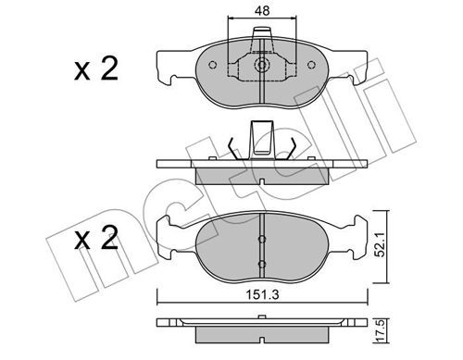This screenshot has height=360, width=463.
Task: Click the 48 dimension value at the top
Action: tap(262, 11)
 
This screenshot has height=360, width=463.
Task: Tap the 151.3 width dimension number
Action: tap(262, 294)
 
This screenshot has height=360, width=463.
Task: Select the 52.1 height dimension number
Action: tap(381, 245)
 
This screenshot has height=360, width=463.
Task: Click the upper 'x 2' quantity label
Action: tap(96, 69)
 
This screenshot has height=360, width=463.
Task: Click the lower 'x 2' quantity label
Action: tap(96, 238)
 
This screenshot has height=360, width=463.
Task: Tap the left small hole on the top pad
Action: tap(212, 65)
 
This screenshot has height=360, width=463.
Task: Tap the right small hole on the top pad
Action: tap(312, 65)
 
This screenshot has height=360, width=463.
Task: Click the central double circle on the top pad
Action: tap(262, 65)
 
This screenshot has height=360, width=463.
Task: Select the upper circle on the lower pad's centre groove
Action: tap(262, 239)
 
